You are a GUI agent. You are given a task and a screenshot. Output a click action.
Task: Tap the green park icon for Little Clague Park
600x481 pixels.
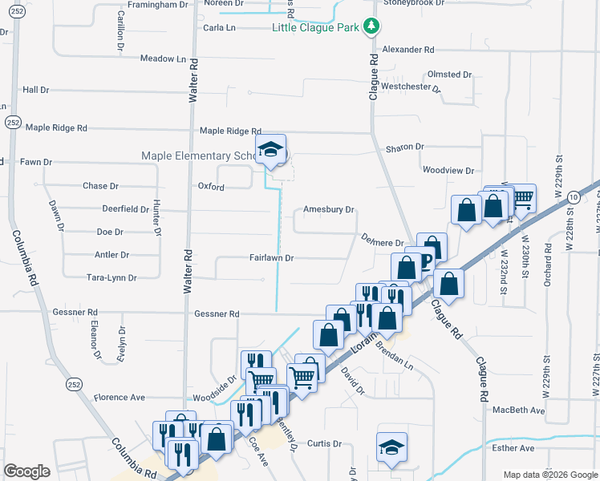pos(371,27)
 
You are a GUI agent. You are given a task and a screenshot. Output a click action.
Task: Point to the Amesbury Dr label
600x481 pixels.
pos(328,210)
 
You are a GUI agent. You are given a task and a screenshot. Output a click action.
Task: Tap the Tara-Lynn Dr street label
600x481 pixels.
pos(111,277)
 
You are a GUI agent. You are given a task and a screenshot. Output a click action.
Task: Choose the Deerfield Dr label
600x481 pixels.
pos(126,208)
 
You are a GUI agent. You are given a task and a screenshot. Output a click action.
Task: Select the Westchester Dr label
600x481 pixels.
pos(411,87)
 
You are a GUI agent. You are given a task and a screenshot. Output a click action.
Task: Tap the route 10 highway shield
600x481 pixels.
pos(573,197)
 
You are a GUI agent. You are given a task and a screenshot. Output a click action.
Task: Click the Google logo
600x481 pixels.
pos(26,471)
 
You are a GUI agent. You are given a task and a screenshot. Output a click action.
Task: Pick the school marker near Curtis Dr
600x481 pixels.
pos(391,448)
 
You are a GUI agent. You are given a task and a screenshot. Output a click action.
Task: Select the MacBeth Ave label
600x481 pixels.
pos(518,410)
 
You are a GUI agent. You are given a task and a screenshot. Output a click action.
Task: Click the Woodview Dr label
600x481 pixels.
pos(448,170)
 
